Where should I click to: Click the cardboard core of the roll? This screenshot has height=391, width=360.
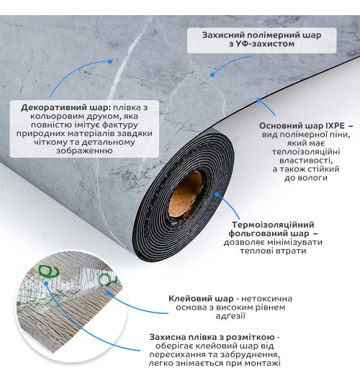tap(186, 194)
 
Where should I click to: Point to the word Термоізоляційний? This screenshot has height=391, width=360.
tap(273, 225)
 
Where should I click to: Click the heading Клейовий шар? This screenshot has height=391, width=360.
tap(201, 299)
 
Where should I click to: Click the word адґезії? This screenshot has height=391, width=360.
tap(230, 316)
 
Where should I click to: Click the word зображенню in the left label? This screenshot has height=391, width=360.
tap(84, 150)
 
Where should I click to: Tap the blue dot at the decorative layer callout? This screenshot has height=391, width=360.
tap(110, 61)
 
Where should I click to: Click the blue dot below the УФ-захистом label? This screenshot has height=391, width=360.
tap(212, 75)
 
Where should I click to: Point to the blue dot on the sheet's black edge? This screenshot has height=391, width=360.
tap(258, 100)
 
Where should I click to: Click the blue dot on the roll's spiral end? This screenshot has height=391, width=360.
tap(217, 194)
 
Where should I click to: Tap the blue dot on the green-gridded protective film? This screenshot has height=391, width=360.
tap(46, 284)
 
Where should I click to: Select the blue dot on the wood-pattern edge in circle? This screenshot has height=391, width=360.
tap(108, 292)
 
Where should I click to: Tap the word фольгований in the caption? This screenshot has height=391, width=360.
tap(258, 233)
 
